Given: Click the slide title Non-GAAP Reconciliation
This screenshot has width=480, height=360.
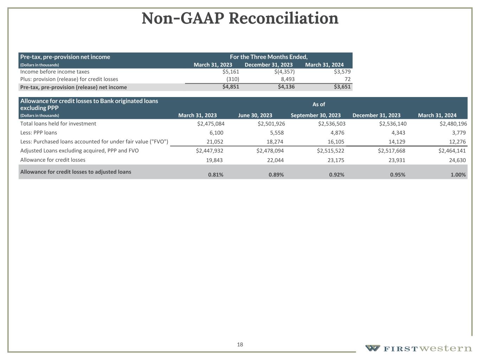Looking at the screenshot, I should (240, 18).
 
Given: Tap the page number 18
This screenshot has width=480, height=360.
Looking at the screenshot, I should (240, 345).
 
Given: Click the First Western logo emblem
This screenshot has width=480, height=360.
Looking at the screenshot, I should (372, 348).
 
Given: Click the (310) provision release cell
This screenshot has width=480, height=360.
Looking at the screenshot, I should (233, 79).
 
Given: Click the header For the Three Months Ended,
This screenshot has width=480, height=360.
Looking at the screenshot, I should (269, 57).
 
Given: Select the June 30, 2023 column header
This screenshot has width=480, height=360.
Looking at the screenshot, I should (255, 115).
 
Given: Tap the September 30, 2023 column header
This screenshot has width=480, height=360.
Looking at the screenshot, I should (315, 115).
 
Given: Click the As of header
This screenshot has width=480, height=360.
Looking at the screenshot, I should (319, 104).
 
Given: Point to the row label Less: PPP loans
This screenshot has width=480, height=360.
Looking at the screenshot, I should (39, 133).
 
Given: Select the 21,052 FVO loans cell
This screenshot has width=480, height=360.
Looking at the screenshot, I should (215, 142).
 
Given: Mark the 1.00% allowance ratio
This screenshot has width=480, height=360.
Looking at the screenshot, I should (458, 175).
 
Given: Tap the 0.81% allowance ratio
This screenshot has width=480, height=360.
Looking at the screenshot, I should (216, 175).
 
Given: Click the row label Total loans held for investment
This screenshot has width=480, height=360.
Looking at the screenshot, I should (58, 124).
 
